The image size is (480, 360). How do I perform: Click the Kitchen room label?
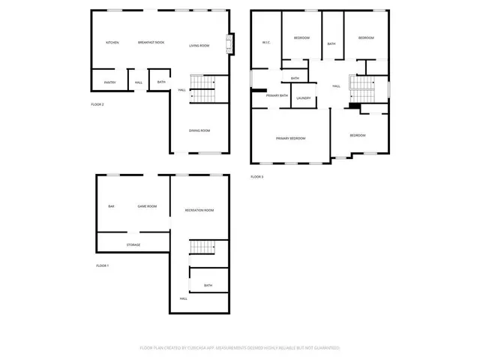tap(112, 43)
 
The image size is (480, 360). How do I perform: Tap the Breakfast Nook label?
tap(151, 43)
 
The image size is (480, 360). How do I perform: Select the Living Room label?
tap(199, 46)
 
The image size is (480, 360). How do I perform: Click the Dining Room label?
tap(199, 130)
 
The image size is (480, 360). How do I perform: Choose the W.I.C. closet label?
tap(265, 42)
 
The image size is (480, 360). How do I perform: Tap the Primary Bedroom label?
tap(290, 138)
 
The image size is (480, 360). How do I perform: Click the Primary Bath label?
tap(277, 95)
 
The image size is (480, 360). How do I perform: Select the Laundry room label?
tap(304, 98)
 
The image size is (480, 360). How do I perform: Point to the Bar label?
tap(111, 206)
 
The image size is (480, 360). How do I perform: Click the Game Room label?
tap(146, 206)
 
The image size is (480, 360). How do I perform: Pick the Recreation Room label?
tap(199, 210)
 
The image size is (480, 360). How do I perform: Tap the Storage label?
tap(133, 244)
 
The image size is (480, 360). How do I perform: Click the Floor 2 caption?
tap(97, 104)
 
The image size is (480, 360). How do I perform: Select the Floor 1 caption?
tap(102, 266)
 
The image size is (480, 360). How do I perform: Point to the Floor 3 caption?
tap(256, 177)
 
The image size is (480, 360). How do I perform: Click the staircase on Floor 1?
tap(202, 248)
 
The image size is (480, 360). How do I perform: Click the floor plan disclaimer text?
tap(239, 348)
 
